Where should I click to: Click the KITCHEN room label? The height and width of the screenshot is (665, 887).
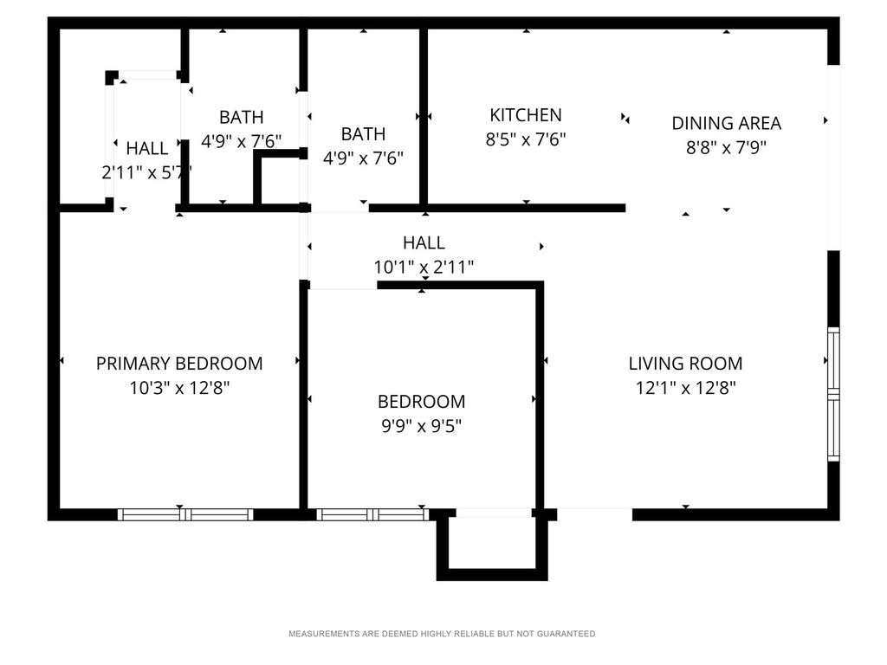(526, 115)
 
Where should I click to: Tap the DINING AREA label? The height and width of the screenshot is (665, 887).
(727, 123)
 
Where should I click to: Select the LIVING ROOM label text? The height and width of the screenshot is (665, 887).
(685, 363)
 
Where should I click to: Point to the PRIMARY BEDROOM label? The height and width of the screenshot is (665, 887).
(179, 363)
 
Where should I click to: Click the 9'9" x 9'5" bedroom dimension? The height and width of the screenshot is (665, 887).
(422, 425)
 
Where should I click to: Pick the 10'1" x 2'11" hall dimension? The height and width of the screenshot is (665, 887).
(424, 267)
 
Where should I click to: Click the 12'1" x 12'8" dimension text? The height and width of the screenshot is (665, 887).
(685, 387)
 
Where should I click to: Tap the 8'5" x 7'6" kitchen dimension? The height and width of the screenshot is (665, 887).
(526, 139)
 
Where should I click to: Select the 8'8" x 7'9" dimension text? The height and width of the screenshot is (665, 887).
(727, 147)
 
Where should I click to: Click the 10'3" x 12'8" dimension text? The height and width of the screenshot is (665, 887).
(179, 387)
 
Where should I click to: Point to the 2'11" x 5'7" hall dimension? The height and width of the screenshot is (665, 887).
(146, 172)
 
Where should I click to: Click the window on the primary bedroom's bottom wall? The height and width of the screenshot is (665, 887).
(185, 514)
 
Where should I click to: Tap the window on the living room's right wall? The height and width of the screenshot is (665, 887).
(833, 394)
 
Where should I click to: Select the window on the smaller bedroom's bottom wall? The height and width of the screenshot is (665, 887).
(372, 514)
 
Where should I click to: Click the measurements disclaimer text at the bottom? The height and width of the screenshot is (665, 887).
(442, 634)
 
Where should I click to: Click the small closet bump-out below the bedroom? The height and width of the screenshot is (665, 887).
(492, 575)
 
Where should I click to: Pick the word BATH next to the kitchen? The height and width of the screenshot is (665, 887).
(363, 134)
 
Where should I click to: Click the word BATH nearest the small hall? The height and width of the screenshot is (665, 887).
(242, 117)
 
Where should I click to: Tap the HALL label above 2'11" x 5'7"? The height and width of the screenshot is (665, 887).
(147, 148)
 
